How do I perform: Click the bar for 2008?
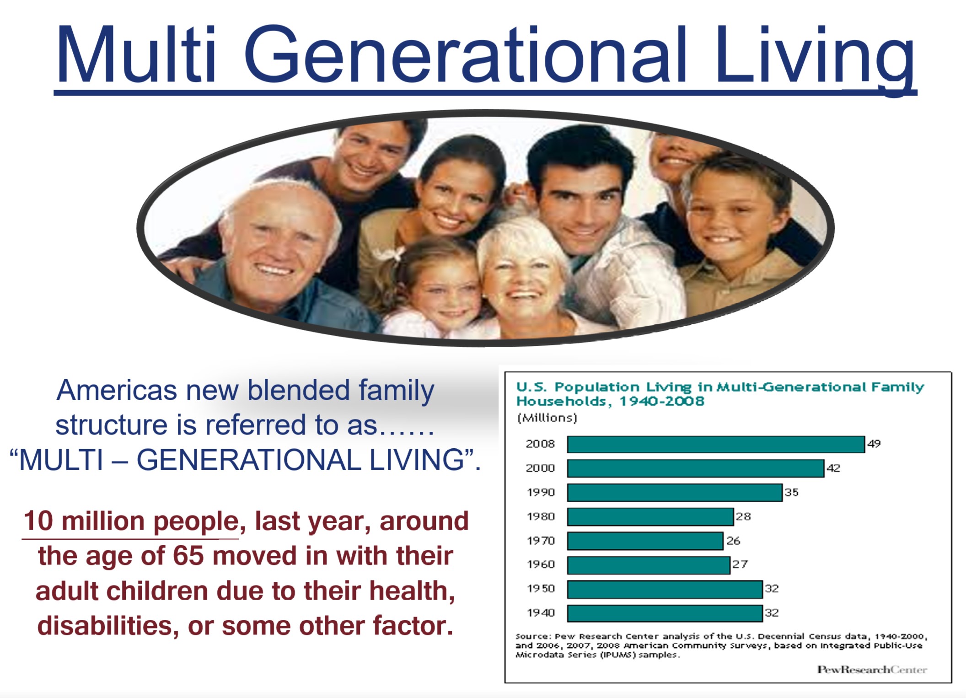716,444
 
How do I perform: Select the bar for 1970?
645,541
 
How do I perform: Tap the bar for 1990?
675,493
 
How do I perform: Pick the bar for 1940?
665,613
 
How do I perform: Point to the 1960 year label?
541,564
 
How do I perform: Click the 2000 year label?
540,468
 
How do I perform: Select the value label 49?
874,444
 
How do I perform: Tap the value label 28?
743,516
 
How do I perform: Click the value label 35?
791,492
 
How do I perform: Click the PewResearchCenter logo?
872,670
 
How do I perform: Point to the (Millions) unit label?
547,418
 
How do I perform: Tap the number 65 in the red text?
188,556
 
